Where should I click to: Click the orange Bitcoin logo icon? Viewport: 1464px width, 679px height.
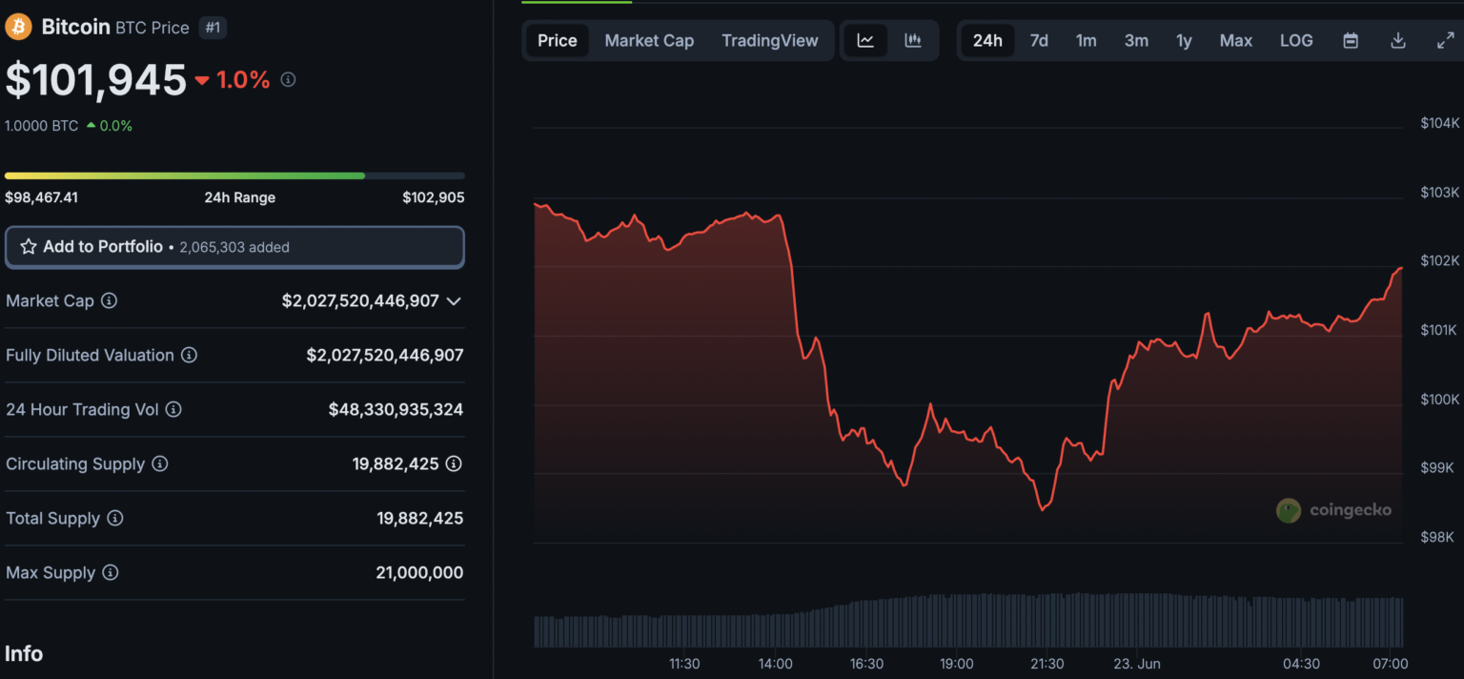pos(18,27)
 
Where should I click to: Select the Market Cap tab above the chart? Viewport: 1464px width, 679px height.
pos(649,40)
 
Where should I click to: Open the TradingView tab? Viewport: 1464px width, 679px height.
pos(769,40)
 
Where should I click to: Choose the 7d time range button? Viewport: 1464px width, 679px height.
pos(1039,40)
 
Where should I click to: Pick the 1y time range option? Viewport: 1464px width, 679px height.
pos(1183,40)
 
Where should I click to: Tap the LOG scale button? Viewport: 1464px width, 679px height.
pos(1295,40)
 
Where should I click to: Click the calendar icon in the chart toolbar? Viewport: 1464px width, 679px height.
pos(1350,40)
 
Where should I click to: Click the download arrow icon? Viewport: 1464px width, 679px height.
pos(1398,40)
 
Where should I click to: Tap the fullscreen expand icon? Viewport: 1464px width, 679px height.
pos(1445,40)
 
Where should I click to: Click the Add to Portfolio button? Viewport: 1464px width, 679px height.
pos(234,247)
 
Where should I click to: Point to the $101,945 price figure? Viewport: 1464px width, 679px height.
pos(96,80)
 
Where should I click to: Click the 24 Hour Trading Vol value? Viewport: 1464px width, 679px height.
pos(396,409)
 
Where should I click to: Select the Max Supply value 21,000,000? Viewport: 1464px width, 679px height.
pos(419,572)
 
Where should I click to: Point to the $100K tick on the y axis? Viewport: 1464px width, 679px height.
pos(1439,400)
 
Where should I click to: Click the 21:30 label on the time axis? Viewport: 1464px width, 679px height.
pos(1047,664)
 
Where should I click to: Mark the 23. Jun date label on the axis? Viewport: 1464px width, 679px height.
pos(1136,664)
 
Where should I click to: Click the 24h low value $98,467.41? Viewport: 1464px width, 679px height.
pos(41,197)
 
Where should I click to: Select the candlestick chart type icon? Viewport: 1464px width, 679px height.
pos(913,40)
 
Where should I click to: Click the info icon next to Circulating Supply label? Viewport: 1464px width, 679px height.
pos(160,463)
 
